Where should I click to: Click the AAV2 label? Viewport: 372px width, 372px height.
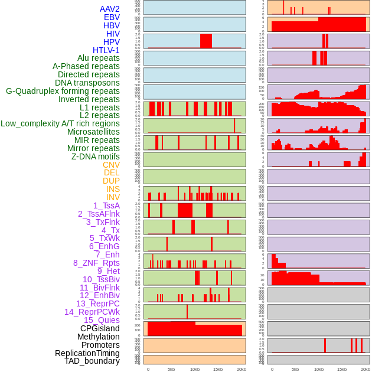point(110,9)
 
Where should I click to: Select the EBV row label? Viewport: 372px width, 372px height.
point(112,17)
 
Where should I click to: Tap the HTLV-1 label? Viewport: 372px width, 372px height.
point(106,50)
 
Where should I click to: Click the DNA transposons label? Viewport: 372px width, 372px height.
point(87,83)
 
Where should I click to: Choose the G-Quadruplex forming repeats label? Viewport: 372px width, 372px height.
point(63,91)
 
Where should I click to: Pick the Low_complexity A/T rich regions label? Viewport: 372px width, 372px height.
point(60,123)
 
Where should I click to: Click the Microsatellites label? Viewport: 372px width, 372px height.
point(93,132)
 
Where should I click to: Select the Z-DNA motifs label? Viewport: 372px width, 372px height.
point(96,156)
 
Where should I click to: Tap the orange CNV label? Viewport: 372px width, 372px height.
point(111,165)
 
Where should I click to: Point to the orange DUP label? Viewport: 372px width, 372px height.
point(111,181)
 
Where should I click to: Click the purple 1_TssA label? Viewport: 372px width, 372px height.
point(106,205)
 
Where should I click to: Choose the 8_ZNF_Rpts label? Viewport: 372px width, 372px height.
point(96,263)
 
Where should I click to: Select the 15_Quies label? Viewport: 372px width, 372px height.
point(102,320)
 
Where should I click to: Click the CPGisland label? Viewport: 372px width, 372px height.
point(100,328)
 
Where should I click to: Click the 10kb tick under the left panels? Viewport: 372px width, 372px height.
point(195,369)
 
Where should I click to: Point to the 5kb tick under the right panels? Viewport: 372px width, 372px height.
point(295,369)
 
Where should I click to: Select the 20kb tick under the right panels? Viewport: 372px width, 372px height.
point(366,369)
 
